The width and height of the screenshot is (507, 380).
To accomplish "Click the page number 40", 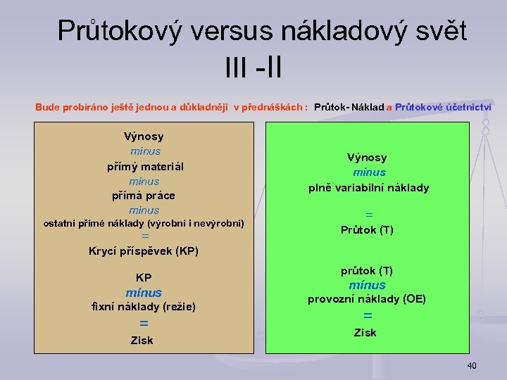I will click(471, 365).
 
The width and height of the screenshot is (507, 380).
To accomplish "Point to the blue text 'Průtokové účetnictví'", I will click(444, 107).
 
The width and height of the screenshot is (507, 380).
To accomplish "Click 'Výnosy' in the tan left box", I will click(144, 137).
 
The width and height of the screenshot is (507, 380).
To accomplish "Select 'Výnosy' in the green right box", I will click(367, 158).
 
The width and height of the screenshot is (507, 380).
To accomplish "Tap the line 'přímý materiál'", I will click(145, 167).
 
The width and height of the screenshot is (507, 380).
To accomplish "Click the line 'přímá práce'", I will click(144, 195).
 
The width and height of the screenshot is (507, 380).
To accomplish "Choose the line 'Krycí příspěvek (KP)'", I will click(144, 251).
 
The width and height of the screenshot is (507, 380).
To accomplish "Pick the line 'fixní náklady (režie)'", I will click(144, 306).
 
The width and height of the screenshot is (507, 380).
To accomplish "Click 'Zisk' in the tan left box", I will click(142, 341).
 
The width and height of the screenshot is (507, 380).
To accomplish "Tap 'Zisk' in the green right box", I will click(365, 332).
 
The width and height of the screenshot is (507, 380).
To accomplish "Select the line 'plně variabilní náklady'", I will click(368, 188).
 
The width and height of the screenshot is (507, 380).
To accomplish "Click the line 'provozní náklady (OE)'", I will click(367, 298).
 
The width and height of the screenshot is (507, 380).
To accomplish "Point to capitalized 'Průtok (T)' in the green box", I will click(367, 230).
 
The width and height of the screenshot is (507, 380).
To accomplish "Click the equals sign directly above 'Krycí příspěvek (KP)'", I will click(145, 237).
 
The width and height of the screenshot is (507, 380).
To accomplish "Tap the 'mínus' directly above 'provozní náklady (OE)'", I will click(368, 285).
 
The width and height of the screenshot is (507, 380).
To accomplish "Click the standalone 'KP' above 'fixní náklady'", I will click(144, 277).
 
